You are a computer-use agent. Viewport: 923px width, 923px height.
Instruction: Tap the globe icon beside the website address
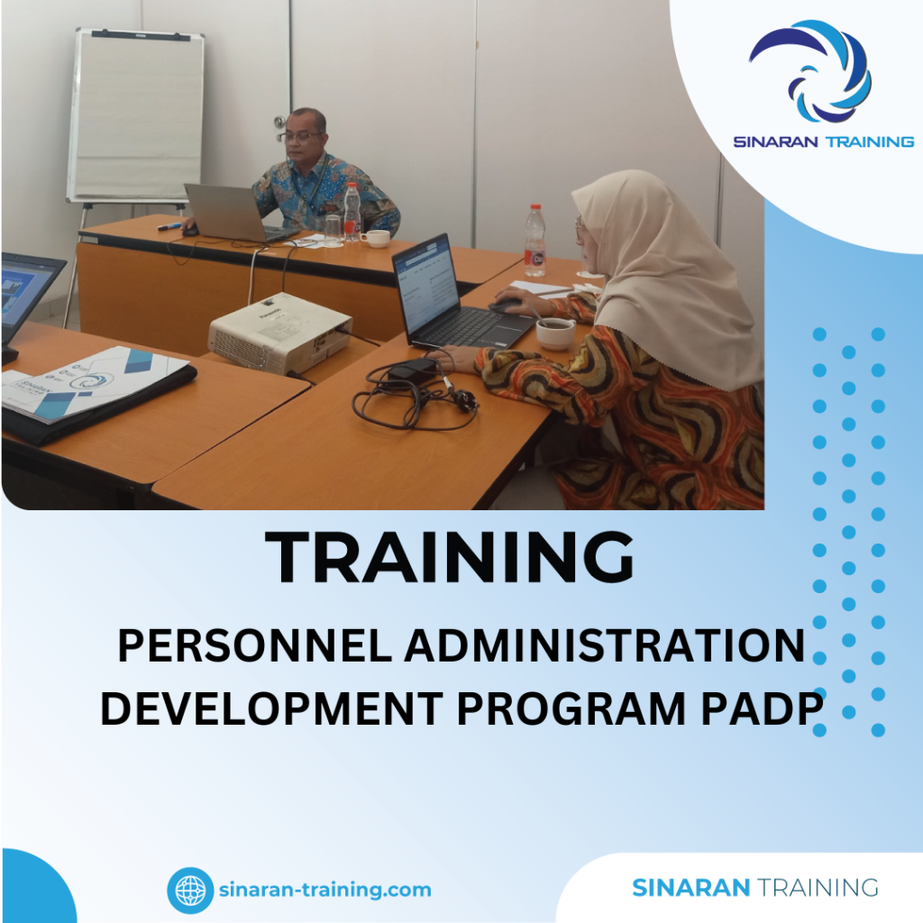click(x=190, y=890)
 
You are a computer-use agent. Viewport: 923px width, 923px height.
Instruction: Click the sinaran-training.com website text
click(x=324, y=890)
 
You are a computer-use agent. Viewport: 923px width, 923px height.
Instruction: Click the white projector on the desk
click(x=279, y=331)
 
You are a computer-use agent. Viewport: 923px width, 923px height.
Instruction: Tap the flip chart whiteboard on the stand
click(x=135, y=115)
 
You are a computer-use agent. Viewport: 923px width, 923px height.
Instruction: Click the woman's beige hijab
click(x=667, y=270)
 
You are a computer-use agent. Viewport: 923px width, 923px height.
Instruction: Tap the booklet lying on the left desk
click(x=95, y=383)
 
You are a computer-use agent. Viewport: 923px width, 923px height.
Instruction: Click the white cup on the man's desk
click(x=376, y=238)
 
